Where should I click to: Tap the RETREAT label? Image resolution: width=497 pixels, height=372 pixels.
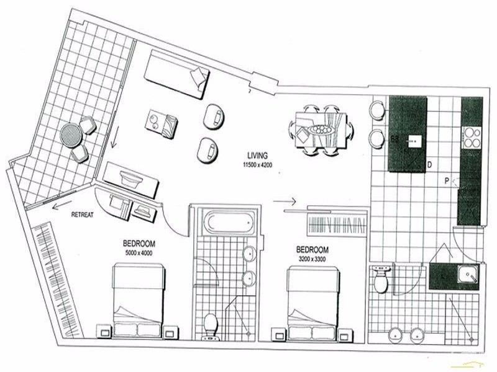(x=82, y=215)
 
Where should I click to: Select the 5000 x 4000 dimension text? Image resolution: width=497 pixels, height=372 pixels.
(x=139, y=253)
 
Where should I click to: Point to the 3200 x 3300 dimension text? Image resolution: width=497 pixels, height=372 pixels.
(x=313, y=258)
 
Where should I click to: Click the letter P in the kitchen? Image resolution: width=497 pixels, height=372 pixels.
(x=447, y=181)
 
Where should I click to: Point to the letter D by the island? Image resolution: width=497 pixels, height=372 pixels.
(x=429, y=165)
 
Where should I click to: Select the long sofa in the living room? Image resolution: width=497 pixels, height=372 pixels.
(x=178, y=74)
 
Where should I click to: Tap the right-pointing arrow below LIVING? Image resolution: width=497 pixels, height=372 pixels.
(x=283, y=201)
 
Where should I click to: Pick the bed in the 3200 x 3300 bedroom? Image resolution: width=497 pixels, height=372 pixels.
(x=314, y=299)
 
